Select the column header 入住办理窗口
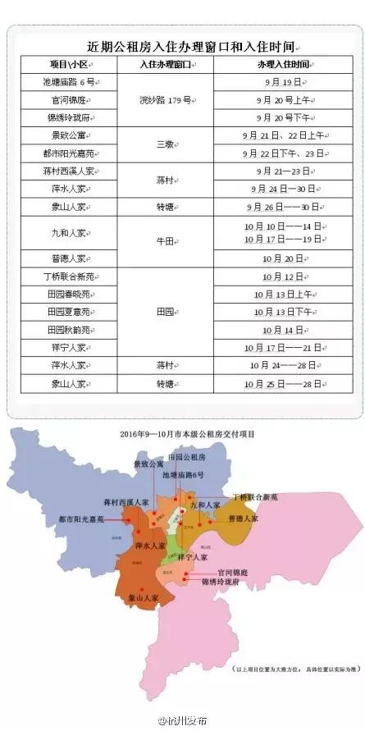coord(165,64)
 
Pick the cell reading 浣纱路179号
coord(165,100)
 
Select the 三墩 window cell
coord(165,144)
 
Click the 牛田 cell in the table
coord(165,243)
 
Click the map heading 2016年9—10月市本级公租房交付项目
coord(184,432)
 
